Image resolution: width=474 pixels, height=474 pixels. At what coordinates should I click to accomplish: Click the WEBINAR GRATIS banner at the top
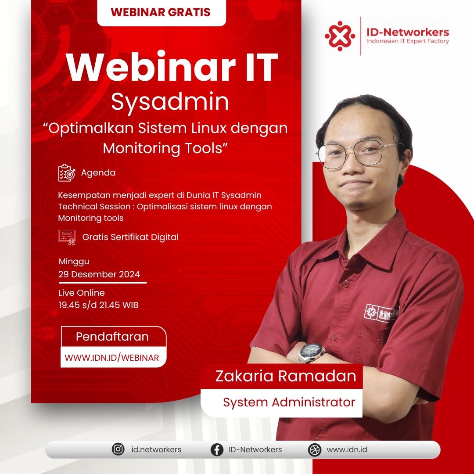pyautogui.click(x=162, y=12)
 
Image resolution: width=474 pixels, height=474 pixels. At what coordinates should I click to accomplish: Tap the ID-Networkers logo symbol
pyautogui.click(x=340, y=36)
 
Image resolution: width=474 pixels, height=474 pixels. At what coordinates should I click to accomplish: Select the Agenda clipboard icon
pyautogui.click(x=67, y=172)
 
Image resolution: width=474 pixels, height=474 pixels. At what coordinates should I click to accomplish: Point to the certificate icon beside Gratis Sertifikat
pyautogui.click(x=67, y=237)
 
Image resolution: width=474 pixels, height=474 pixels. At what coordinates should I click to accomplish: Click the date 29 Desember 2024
pyautogui.click(x=99, y=274)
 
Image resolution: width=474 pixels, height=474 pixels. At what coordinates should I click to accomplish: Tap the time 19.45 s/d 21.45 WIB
pyautogui.click(x=98, y=305)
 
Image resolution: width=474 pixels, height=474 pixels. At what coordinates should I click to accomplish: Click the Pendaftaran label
pyautogui.click(x=112, y=337)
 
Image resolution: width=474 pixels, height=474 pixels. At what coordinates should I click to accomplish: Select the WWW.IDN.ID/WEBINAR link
pyautogui.click(x=111, y=358)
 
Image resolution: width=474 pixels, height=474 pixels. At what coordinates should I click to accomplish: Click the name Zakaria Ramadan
pyautogui.click(x=286, y=376)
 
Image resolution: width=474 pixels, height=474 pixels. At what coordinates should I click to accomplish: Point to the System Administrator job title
pyautogui.click(x=289, y=402)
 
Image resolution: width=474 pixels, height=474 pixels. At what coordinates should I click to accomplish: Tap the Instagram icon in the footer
pyautogui.click(x=118, y=449)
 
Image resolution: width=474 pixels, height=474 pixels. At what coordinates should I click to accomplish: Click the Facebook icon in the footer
pyautogui.click(x=217, y=450)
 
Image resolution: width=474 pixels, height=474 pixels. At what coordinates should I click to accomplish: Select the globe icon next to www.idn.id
pyautogui.click(x=314, y=450)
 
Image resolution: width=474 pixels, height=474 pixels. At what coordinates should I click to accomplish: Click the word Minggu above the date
pyautogui.click(x=74, y=262)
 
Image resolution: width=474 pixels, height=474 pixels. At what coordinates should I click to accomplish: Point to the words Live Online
pyautogui.click(x=82, y=293)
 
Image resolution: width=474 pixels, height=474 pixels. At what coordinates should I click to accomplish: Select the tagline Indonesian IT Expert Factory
pyautogui.click(x=407, y=41)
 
